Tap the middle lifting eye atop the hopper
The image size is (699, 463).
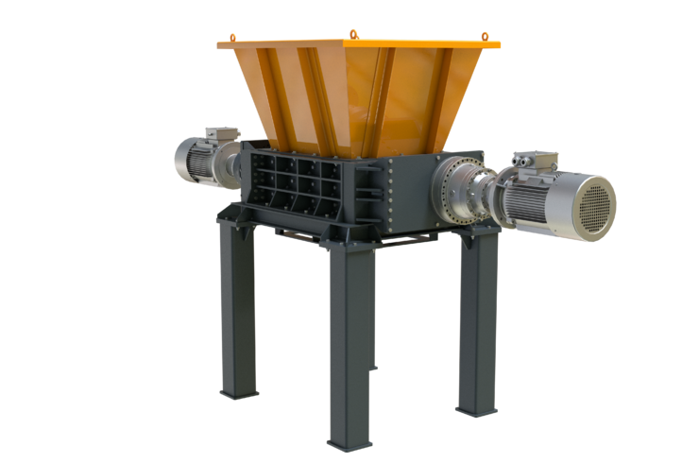(x=353, y=35)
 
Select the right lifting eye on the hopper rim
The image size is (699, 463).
(x=486, y=36)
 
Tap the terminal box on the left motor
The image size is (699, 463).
(x=221, y=136)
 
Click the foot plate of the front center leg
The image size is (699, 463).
(x=349, y=444)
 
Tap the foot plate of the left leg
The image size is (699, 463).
(x=238, y=391)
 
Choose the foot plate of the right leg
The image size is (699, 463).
(x=476, y=411)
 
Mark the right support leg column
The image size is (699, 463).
(x=478, y=321)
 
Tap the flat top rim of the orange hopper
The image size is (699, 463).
(x=359, y=43)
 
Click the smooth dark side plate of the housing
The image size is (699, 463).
(x=411, y=194)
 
